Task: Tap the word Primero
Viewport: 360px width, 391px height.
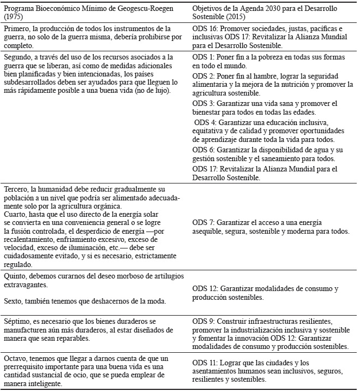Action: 16,28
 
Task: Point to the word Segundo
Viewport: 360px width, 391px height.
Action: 17,57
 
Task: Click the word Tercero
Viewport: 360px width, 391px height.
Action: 17,189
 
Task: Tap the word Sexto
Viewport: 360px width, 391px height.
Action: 14,301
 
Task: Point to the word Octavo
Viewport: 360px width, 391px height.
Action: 16,358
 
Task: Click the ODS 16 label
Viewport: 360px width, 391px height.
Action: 207,28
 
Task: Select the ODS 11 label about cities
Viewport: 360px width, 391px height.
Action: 207,363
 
